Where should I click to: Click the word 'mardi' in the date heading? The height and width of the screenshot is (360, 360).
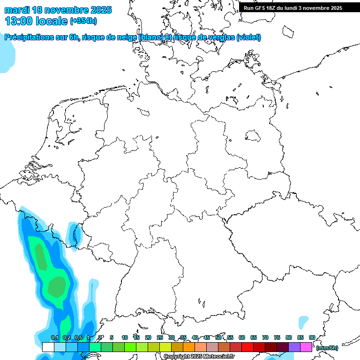(17, 10)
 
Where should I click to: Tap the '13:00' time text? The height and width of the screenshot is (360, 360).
(19, 21)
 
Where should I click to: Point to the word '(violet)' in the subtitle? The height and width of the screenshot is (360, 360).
(249, 37)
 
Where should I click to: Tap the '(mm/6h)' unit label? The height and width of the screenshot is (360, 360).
(327, 348)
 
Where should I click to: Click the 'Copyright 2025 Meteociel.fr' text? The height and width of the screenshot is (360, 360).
(199, 357)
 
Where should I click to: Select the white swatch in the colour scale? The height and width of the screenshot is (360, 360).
(48, 347)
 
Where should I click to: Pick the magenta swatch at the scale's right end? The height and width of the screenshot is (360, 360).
(306, 347)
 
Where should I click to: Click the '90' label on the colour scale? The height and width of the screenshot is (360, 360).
(312, 337)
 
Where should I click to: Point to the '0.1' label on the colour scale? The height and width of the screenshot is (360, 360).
(54, 338)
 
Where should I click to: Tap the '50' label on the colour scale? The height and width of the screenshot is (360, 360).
(218, 338)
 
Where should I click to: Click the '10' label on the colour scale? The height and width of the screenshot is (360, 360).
(125, 338)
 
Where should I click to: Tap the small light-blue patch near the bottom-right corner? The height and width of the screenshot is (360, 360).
(303, 322)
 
